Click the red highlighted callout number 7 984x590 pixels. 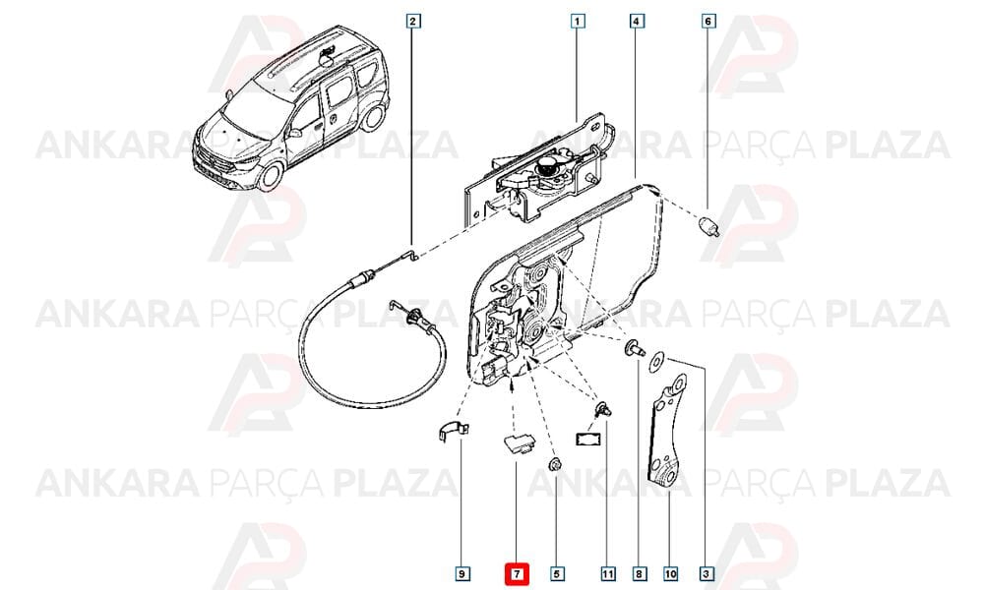pyautogui.click(x=518, y=573)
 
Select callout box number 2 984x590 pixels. pyautogui.click(x=412, y=22)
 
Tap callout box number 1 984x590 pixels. pyautogui.click(x=578, y=22)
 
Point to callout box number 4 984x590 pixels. pyautogui.click(x=637, y=22)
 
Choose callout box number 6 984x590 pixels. pyautogui.click(x=707, y=22)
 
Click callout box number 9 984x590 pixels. pyautogui.click(x=461, y=573)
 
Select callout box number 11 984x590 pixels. pyautogui.click(x=607, y=573)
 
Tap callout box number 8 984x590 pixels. pyautogui.click(x=639, y=573)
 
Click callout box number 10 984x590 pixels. pyautogui.click(x=670, y=573)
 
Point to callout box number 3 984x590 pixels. pyautogui.click(x=706, y=573)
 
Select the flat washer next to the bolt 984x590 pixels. pyautogui.click(x=658, y=361)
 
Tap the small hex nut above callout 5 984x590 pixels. pyautogui.click(x=555, y=465)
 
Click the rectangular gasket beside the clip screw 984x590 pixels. pyautogui.click(x=587, y=437)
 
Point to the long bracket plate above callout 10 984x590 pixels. pyautogui.click(x=667, y=432)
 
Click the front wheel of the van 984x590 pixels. pyautogui.click(x=272, y=176)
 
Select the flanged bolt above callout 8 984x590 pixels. pyautogui.click(x=633, y=349)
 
